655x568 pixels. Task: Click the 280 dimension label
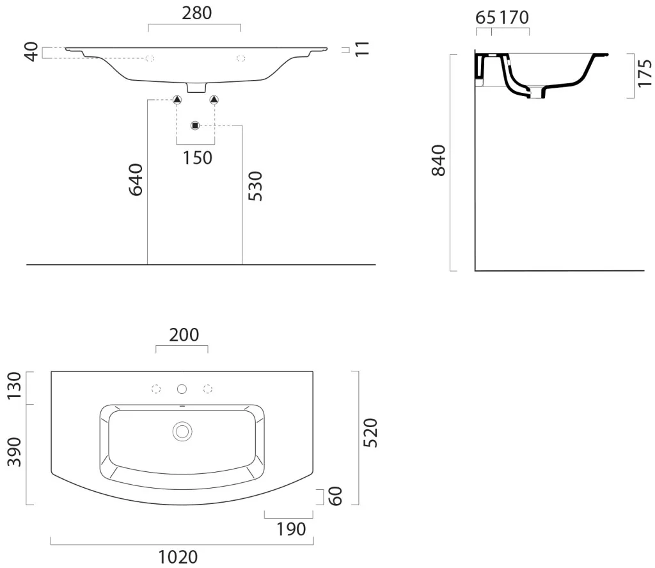click(x=197, y=13)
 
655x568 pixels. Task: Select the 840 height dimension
click(x=439, y=161)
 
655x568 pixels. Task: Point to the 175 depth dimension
click(x=645, y=73)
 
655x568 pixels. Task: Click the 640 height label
click(x=136, y=179)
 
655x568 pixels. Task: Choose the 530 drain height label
click(x=255, y=186)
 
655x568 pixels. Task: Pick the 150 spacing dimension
click(x=198, y=158)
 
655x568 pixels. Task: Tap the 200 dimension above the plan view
click(x=184, y=335)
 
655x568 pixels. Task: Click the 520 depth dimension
click(x=370, y=433)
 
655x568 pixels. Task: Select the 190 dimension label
click(x=291, y=530)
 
